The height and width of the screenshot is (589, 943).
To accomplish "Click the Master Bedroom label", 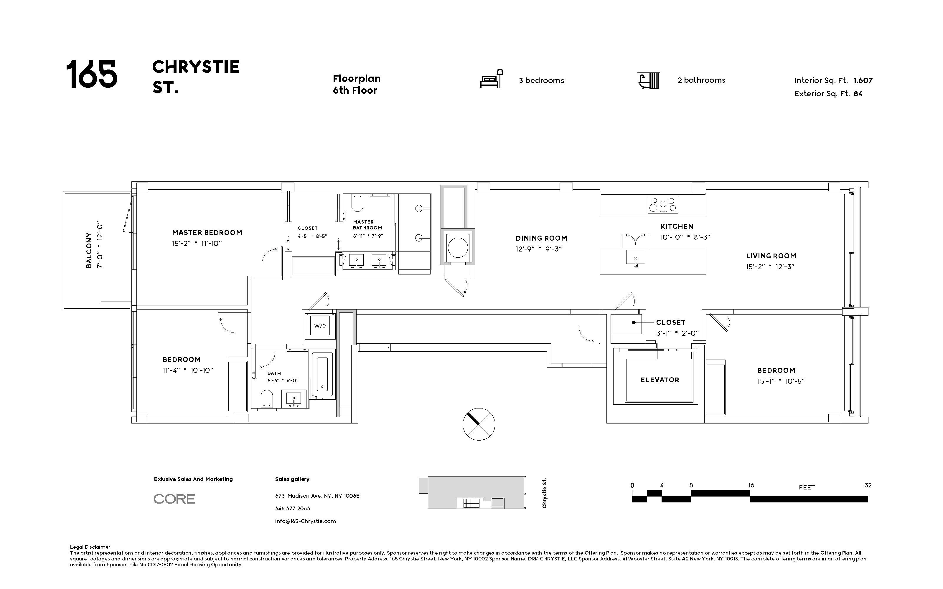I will pos(207,233).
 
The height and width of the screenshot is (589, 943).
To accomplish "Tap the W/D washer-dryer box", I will pos(320,326).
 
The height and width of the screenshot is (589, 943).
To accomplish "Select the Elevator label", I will pos(660,380).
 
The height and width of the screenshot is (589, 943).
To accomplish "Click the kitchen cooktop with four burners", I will pos(663,205).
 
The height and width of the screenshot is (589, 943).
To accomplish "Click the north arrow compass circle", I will pos(479,424).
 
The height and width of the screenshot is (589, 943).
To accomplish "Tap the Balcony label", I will pos(89,250).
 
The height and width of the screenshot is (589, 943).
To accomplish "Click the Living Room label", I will pos(771,256).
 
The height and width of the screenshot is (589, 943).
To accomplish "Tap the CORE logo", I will pos(174,499).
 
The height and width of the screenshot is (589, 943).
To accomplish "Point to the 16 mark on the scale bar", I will pos(751,485).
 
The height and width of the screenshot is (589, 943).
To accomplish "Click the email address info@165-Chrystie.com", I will pos(305,521).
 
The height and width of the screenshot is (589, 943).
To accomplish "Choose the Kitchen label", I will pos(677,226).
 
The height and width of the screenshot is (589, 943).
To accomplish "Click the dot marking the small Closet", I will pos(634,322).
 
